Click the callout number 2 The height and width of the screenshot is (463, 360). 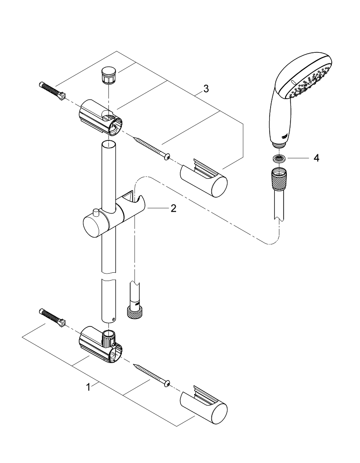click(173, 209)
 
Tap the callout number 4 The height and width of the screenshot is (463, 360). click(316, 158)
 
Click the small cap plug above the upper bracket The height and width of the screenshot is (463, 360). click(107, 75)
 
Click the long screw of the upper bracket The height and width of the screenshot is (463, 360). click(152, 148)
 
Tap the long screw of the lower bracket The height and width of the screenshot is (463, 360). click(152, 374)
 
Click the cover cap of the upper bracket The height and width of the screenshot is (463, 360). click(204, 178)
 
